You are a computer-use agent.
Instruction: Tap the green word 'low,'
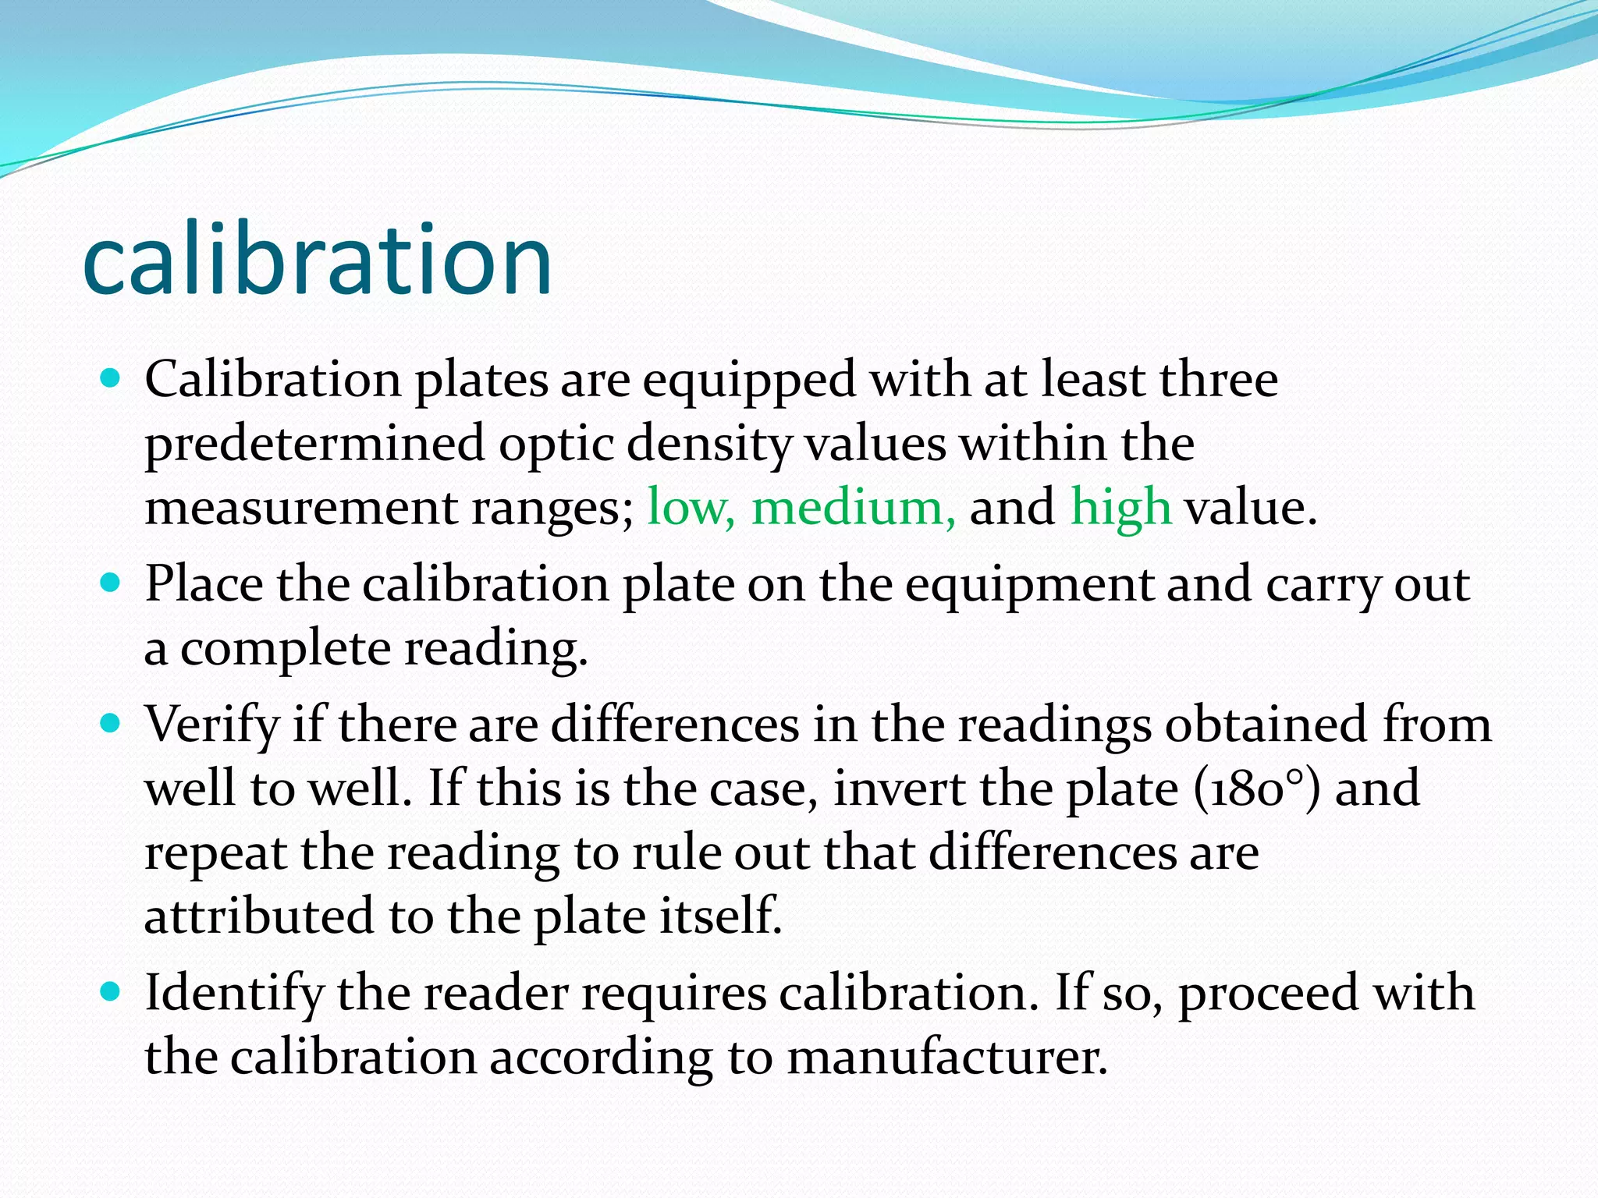(691, 507)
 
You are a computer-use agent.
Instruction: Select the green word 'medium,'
(853, 507)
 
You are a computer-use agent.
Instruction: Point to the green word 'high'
(1120, 507)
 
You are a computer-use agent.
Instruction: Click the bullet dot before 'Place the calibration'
(112, 583)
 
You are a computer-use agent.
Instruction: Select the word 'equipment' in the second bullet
(1029, 585)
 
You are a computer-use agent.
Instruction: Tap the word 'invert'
(899, 789)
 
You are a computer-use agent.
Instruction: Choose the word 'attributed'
(259, 916)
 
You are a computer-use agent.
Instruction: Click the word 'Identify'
(234, 994)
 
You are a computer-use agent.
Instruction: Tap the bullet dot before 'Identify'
(112, 992)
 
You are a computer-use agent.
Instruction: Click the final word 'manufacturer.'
(946, 1058)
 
